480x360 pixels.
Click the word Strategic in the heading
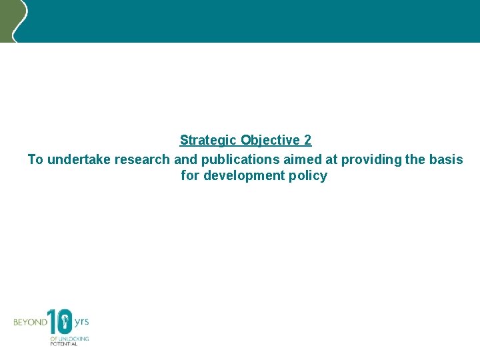[x=208, y=141]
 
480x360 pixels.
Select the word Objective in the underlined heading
[x=270, y=141]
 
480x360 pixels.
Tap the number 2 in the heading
[x=307, y=141]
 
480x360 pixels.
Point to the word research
[x=142, y=159]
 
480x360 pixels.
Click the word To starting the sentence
[x=35, y=159]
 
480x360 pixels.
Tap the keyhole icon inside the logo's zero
[x=65, y=323]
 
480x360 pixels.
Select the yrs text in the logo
[x=81, y=321]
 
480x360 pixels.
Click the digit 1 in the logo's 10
[x=52, y=322]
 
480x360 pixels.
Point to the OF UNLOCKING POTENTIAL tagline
[x=69, y=340]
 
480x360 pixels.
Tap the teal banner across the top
[x=253, y=20]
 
